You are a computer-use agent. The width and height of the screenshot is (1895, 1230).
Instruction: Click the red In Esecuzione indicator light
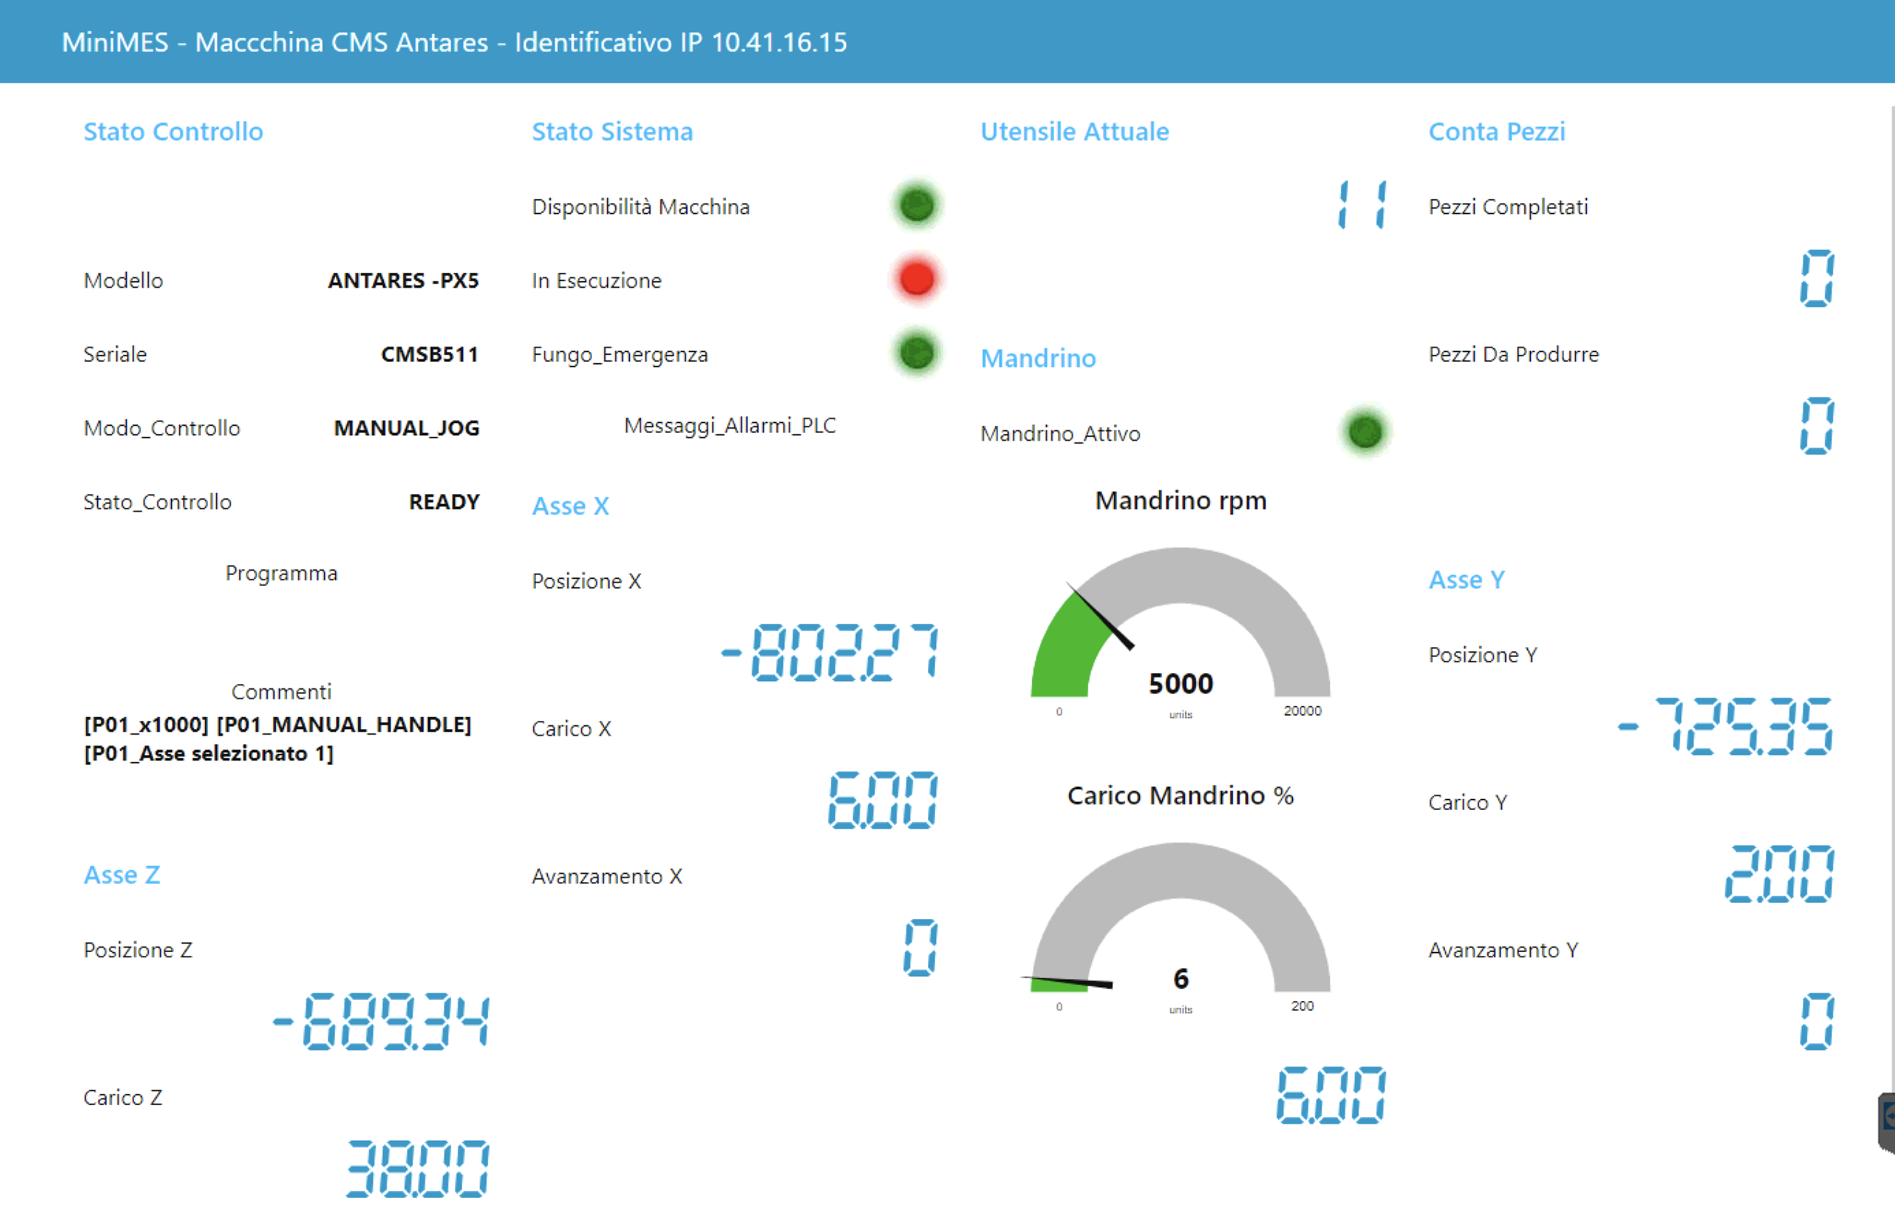click(x=916, y=278)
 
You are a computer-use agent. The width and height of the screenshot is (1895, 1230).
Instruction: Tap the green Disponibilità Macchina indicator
click(x=916, y=205)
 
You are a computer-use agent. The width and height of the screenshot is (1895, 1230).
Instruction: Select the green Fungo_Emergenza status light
click(x=916, y=352)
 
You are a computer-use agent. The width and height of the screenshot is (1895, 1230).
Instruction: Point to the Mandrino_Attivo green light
click(x=1365, y=432)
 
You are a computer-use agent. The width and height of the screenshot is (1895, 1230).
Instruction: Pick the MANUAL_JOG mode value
click(x=406, y=429)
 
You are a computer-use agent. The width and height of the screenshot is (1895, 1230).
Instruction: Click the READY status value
click(x=444, y=502)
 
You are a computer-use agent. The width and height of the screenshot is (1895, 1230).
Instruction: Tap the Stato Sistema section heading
click(x=612, y=131)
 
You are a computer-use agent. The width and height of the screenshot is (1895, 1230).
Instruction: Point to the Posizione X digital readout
click(x=830, y=652)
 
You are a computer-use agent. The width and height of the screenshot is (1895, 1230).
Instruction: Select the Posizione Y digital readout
click(x=1725, y=726)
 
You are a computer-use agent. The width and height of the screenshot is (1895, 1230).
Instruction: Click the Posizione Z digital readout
click(x=381, y=1021)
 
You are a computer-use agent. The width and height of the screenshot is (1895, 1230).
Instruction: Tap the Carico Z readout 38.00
click(x=417, y=1168)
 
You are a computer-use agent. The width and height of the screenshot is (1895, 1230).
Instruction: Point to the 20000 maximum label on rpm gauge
click(x=1302, y=710)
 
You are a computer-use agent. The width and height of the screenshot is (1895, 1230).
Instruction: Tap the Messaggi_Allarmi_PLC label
click(x=729, y=426)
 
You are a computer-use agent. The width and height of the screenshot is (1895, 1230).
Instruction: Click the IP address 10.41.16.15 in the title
click(x=778, y=41)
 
